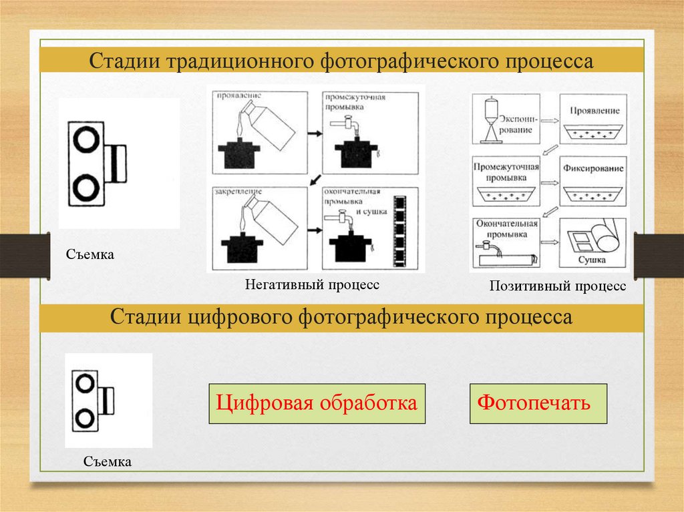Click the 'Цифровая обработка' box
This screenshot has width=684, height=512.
pos(317,404)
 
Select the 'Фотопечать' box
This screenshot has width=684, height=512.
pos(538,404)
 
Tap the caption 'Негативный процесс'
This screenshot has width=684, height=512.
pos(311,285)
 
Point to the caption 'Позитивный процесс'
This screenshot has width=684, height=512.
pos(558,286)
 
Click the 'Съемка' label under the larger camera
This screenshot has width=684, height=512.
pos(90,254)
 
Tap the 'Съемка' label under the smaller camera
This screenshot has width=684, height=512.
pos(108,461)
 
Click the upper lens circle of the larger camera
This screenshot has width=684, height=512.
pos(86,140)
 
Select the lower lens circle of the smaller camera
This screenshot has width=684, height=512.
pos(84,419)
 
